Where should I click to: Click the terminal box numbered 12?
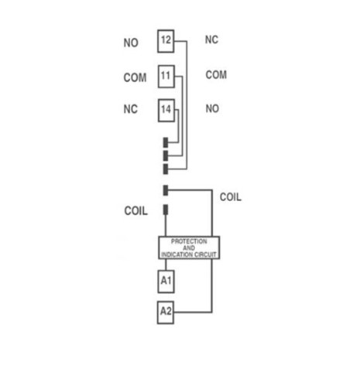click(166, 41)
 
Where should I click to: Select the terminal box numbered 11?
click(166, 77)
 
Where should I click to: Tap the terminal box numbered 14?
click(166, 111)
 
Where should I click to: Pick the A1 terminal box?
click(166, 282)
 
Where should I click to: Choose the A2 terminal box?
click(166, 313)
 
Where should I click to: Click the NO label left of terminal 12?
click(131, 43)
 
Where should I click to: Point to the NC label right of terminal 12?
click(211, 39)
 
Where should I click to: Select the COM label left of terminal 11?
click(135, 77)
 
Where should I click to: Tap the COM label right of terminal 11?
click(216, 75)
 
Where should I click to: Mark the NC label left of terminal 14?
click(131, 109)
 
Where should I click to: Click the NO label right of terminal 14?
click(212, 108)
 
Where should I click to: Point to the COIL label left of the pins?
click(136, 210)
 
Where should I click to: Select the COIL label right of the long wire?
click(231, 197)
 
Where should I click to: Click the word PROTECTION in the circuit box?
click(189, 241)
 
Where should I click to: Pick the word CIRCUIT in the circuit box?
click(206, 254)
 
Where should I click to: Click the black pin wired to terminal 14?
click(166, 142)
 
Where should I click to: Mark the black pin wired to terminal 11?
click(166, 155)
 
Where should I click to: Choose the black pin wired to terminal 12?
click(166, 169)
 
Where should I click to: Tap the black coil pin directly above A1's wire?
click(166, 210)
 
